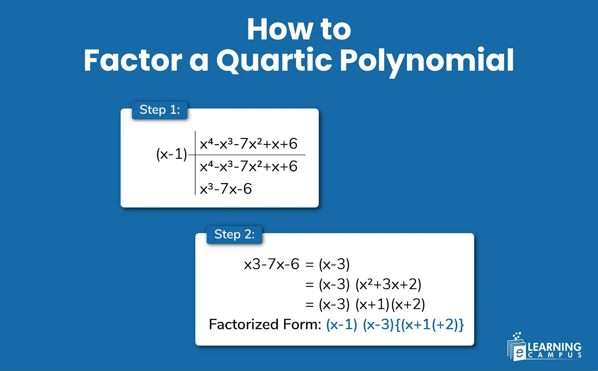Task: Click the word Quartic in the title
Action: click(274, 60)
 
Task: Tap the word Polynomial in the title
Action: click(426, 61)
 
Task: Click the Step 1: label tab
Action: click(159, 110)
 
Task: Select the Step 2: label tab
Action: click(234, 235)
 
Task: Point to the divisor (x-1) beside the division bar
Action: click(171, 154)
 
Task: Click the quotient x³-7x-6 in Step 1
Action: click(225, 189)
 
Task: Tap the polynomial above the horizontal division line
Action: click(248, 144)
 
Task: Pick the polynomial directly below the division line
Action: click(248, 166)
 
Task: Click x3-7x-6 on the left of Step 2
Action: click(271, 264)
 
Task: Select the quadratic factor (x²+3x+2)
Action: click(388, 284)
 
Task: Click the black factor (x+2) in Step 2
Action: click(408, 304)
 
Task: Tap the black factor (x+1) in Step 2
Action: click(373, 304)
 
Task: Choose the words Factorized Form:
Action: click(265, 325)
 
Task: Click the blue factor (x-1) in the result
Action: click(341, 325)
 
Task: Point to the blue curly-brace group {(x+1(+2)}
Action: click(430, 325)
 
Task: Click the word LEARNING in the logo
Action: click(554, 347)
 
